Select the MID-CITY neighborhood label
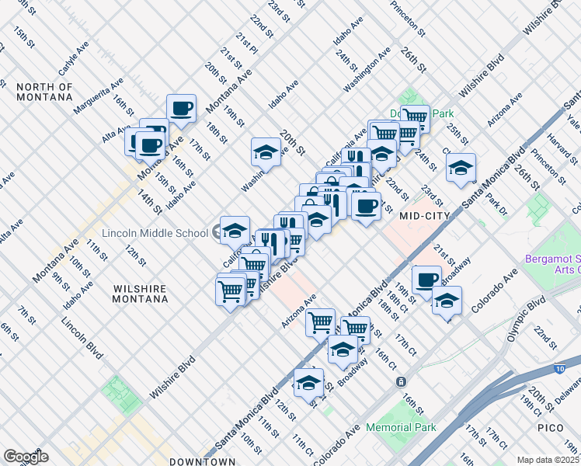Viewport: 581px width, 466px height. (x=425, y=217)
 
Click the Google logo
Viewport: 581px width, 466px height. (x=26, y=456)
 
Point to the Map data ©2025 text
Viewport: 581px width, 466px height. (x=548, y=460)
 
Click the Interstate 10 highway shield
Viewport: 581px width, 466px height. (x=561, y=368)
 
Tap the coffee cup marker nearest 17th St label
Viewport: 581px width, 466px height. (x=181, y=108)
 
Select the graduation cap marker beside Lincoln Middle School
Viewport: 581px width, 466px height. (x=235, y=230)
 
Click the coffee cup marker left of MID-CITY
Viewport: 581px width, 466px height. (x=366, y=206)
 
